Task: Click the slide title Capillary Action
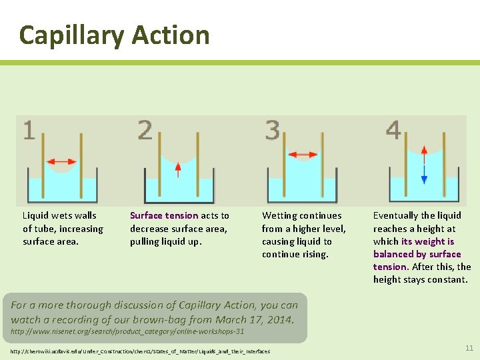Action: (114, 35)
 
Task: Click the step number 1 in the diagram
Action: (29, 130)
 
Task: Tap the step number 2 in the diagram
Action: (145, 130)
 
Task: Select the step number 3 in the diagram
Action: (273, 130)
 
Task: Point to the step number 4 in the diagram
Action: (393, 130)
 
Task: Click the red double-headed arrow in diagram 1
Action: (63, 161)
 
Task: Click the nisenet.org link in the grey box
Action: (127, 331)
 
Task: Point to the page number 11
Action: (469, 348)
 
